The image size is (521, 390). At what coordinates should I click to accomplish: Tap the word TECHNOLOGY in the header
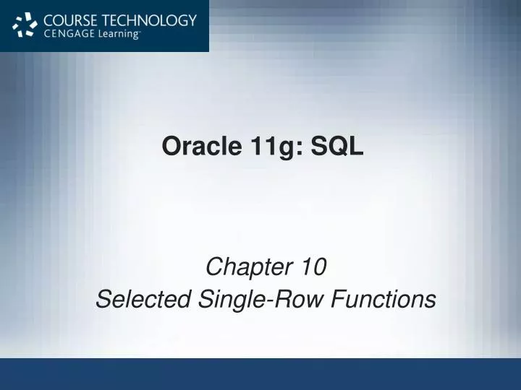pos(150,20)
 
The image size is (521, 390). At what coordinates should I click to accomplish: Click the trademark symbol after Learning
pos(140,32)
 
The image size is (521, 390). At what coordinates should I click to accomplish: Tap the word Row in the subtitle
pos(292,298)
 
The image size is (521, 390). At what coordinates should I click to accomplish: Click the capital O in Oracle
pos(171,146)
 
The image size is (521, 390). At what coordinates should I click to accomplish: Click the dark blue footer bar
pos(260,373)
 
